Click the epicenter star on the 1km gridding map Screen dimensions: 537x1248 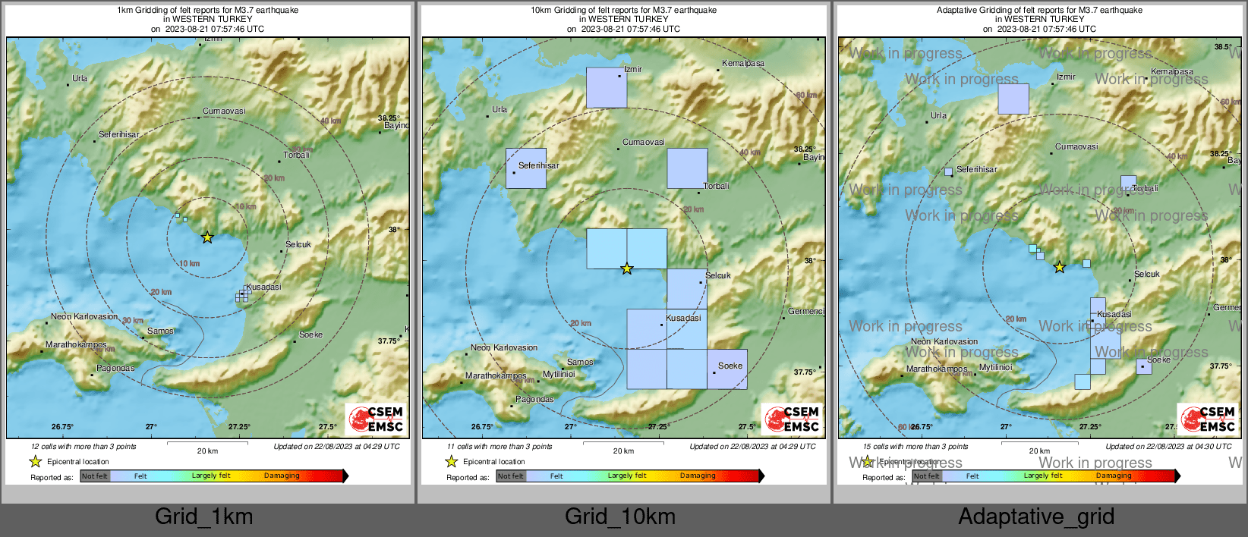207,237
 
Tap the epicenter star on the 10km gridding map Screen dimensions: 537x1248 626,268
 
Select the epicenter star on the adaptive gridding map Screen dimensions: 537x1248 1060,267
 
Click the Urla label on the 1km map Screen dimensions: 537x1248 80,78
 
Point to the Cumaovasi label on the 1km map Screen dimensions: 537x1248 224,111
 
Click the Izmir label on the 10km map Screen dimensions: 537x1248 633,69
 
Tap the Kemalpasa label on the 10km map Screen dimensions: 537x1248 743,63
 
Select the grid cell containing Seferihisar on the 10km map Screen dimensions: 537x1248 526,168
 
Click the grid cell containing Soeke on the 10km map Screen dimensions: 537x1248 727,369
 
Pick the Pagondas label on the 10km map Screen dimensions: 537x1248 534,399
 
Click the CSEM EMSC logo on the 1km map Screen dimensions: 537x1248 376,419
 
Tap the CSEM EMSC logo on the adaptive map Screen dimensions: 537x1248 1208,419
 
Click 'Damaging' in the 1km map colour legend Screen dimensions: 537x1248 282,476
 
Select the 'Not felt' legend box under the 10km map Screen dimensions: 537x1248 511,476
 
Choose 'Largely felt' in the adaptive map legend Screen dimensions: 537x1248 1043,476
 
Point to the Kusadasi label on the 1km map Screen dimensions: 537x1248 264,287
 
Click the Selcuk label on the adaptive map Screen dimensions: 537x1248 1146,274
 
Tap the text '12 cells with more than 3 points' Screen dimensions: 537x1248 84,447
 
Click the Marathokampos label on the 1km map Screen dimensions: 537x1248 76,344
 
